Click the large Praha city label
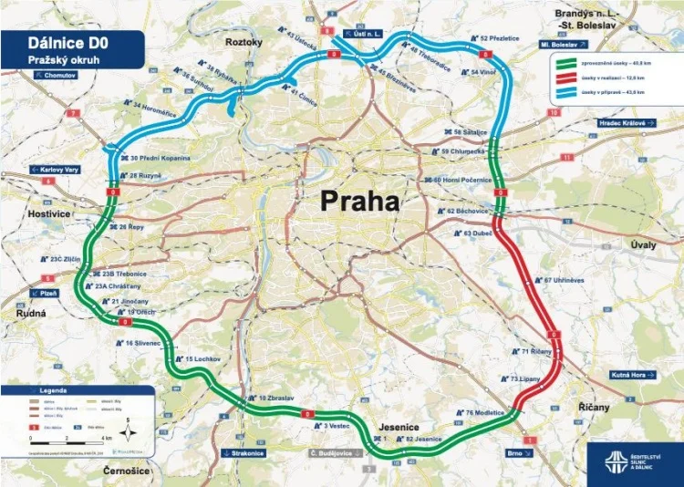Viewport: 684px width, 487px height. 358,202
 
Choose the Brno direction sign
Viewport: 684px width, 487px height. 515,452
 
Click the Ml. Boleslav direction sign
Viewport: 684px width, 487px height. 563,43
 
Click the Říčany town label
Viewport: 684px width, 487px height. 594,407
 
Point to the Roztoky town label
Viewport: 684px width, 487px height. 244,42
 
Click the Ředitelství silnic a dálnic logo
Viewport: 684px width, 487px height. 635,461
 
